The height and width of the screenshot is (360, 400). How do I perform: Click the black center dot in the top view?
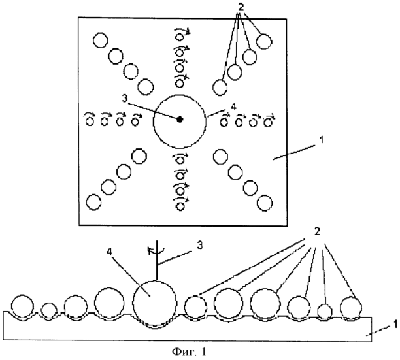[x=180, y=119]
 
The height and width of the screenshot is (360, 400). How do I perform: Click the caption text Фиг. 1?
[x=189, y=352]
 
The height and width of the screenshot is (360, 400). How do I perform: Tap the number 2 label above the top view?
[x=241, y=7]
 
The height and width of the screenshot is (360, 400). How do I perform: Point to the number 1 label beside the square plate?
[x=322, y=140]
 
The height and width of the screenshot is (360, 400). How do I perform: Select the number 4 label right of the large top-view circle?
[x=233, y=107]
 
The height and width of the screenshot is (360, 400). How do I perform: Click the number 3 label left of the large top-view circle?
[x=124, y=99]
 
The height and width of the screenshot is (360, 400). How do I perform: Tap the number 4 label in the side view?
[x=109, y=252]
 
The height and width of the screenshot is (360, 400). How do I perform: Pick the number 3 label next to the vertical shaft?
[x=200, y=245]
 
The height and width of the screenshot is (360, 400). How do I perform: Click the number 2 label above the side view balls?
[x=317, y=232]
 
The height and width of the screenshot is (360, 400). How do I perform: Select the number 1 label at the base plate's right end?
[x=395, y=325]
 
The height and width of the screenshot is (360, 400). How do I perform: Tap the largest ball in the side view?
[x=155, y=303]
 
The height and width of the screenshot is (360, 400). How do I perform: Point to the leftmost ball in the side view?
[x=23, y=306]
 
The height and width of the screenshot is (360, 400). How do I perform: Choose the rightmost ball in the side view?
[x=351, y=308]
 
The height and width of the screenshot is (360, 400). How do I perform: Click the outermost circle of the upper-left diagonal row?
[x=100, y=41]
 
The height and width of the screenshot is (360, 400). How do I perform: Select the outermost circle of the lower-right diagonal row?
[x=265, y=203]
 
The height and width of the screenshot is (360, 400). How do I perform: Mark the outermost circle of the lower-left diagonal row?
[x=94, y=202]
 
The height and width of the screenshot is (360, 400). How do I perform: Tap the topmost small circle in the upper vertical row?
[x=180, y=37]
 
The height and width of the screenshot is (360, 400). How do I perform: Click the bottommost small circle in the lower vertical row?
[x=180, y=206]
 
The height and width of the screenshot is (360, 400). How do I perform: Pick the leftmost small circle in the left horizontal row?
[x=90, y=122]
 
